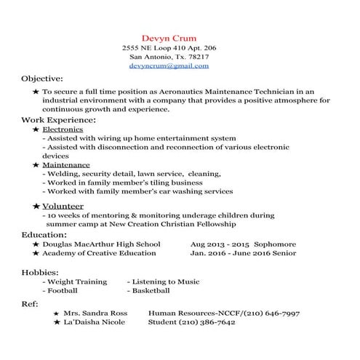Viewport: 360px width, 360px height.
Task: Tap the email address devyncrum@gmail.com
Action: click(169, 65)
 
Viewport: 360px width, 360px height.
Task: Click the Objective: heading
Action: click(41, 78)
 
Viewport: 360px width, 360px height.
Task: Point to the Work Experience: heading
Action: click(58, 119)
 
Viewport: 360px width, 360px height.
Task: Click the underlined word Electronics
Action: click(63, 129)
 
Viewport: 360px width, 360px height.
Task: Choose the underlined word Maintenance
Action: click(65, 165)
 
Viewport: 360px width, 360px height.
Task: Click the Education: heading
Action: click(44, 235)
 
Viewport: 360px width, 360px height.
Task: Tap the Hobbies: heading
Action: click(41, 271)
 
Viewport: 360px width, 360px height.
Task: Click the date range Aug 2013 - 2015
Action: click(219, 244)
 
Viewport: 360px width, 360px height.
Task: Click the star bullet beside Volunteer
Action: click(36, 207)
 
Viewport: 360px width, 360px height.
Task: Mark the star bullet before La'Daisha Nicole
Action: click(57, 322)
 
